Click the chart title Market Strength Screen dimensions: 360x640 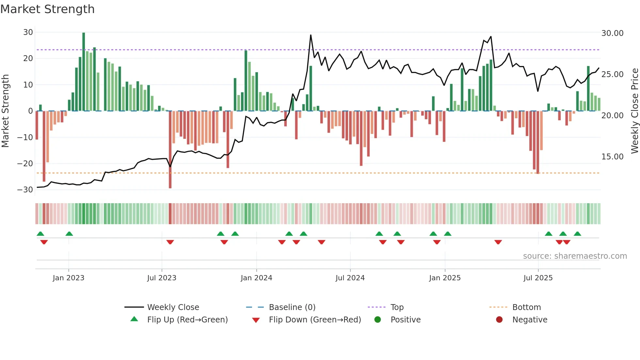(47, 9)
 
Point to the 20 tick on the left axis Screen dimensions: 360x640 (28, 58)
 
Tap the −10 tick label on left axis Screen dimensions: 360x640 (25, 137)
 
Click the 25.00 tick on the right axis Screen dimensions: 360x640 (612, 74)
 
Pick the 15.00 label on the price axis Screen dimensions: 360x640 (612, 157)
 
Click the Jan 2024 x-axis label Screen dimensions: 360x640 (256, 278)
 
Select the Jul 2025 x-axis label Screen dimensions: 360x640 (538, 278)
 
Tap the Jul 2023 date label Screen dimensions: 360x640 (162, 278)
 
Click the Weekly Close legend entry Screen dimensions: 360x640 (173, 307)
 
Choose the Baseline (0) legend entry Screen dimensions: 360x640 (292, 307)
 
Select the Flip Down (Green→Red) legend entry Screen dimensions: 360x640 (315, 320)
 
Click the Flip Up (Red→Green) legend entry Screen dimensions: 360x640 (187, 320)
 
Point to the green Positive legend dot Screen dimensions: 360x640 (378, 320)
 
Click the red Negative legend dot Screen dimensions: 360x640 (499, 320)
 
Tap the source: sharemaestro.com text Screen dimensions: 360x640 (575, 256)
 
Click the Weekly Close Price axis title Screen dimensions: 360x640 (634, 111)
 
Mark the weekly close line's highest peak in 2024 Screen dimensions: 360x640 (311, 35)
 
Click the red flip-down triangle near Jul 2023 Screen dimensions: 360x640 (170, 242)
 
